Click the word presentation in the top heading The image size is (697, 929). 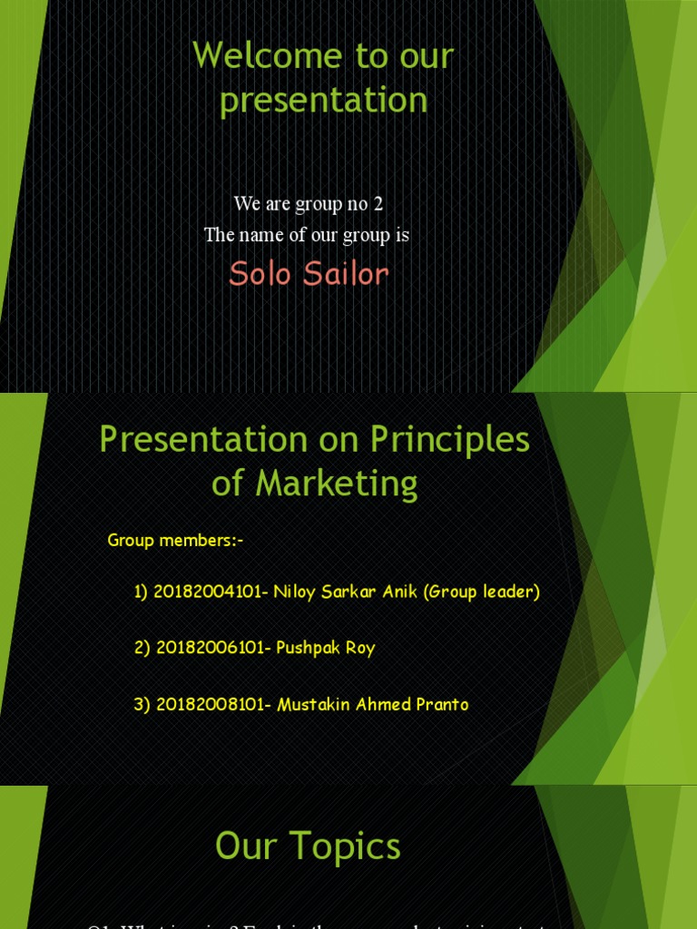click(323, 100)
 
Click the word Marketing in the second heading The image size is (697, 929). click(337, 484)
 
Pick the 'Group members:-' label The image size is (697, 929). click(175, 541)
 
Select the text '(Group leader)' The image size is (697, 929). click(482, 592)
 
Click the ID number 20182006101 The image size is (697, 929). click(211, 649)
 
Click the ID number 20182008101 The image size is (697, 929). click(211, 705)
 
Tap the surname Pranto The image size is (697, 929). click(441, 705)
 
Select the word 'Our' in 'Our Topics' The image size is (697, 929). click(245, 847)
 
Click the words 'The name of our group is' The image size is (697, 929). click(306, 236)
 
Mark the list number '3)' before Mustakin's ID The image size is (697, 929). click(142, 705)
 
